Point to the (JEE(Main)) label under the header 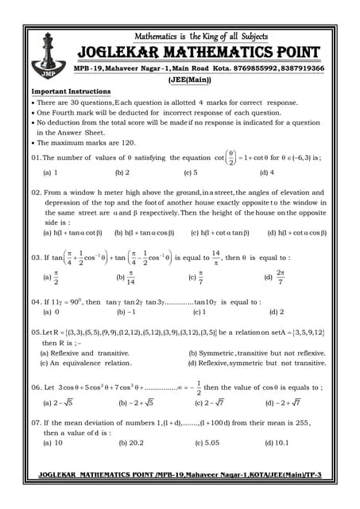coord(190,80)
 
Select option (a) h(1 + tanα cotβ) coord(72,233)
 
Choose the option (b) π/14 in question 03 coord(126,278)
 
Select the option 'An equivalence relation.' coord(86,363)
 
